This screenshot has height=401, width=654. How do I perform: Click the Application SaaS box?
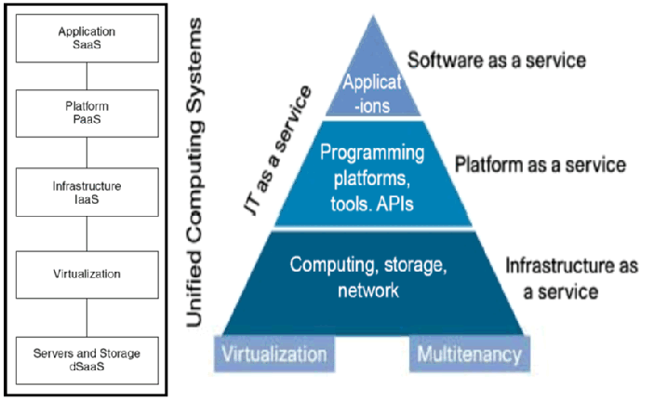point(87,37)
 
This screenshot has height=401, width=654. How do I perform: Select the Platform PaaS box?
point(87,113)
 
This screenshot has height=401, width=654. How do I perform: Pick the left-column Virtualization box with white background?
point(87,274)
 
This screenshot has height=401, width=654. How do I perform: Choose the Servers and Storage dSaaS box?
point(87,358)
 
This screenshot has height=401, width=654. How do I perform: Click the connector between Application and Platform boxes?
point(87,74)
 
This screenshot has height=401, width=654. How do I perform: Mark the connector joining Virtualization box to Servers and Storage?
point(87,318)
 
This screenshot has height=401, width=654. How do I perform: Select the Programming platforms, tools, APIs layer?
point(372,177)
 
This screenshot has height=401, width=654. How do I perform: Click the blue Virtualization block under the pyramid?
point(274,354)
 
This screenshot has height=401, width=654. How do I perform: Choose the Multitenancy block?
point(469,354)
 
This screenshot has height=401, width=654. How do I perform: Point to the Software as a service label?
point(497,61)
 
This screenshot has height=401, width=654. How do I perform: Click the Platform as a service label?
point(540,165)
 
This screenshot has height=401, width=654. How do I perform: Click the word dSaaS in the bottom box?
point(87,367)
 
